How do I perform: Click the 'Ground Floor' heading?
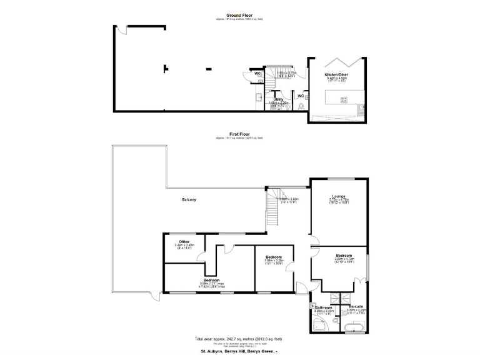coord(239,14)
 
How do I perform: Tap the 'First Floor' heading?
coord(239,134)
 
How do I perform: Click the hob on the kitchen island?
coord(343,99)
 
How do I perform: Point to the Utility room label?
coord(278,99)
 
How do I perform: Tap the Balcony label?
coord(189,199)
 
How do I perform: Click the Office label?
coord(184,242)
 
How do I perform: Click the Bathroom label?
coord(323,307)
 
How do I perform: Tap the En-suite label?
coord(356,306)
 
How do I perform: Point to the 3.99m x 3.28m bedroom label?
coord(274,257)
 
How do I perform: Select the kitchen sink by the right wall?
coord(361,109)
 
